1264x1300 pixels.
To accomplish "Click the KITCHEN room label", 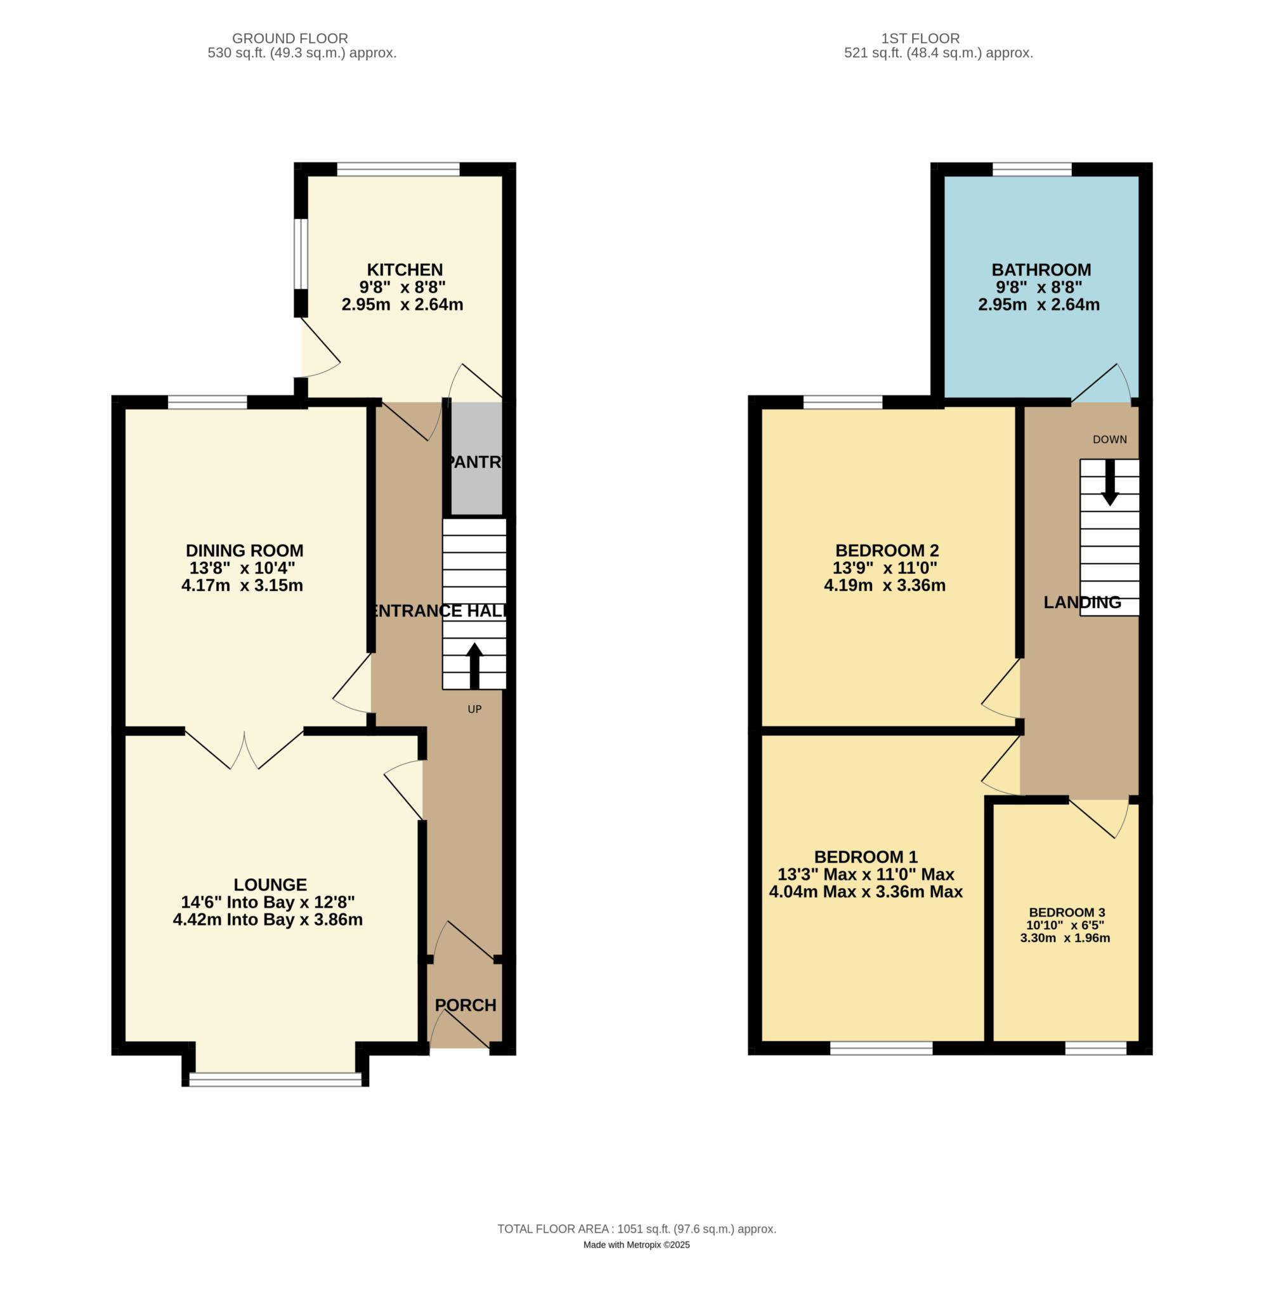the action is pyautogui.click(x=405, y=270).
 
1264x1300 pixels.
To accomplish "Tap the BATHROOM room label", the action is pyautogui.click(x=1041, y=270).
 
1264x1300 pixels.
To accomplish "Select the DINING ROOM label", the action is pyautogui.click(x=244, y=550).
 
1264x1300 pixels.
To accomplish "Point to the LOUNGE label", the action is pyautogui.click(x=270, y=884).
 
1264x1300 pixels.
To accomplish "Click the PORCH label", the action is pyautogui.click(x=466, y=1005).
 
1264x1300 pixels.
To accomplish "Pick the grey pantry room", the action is pyautogui.click(x=477, y=458).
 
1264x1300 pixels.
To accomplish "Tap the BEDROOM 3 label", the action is pyautogui.click(x=1066, y=913).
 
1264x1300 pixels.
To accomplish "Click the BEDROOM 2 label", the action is pyautogui.click(x=887, y=550).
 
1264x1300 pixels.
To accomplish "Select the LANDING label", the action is pyautogui.click(x=1082, y=602).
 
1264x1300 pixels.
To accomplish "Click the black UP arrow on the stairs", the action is pyautogui.click(x=474, y=666).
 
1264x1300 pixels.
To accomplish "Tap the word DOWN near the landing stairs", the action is pyautogui.click(x=1109, y=439).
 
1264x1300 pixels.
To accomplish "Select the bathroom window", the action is pyautogui.click(x=1032, y=169).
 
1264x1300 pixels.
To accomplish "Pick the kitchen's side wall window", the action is pyautogui.click(x=301, y=255).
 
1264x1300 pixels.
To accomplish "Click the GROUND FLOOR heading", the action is pyautogui.click(x=290, y=39).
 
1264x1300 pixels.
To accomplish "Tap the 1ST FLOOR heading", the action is pyautogui.click(x=920, y=39).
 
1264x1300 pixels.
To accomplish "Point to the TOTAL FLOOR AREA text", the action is pyautogui.click(x=637, y=1229).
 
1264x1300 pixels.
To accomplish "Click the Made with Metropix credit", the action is pyautogui.click(x=637, y=1245).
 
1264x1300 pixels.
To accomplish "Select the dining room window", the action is pyautogui.click(x=207, y=402).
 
